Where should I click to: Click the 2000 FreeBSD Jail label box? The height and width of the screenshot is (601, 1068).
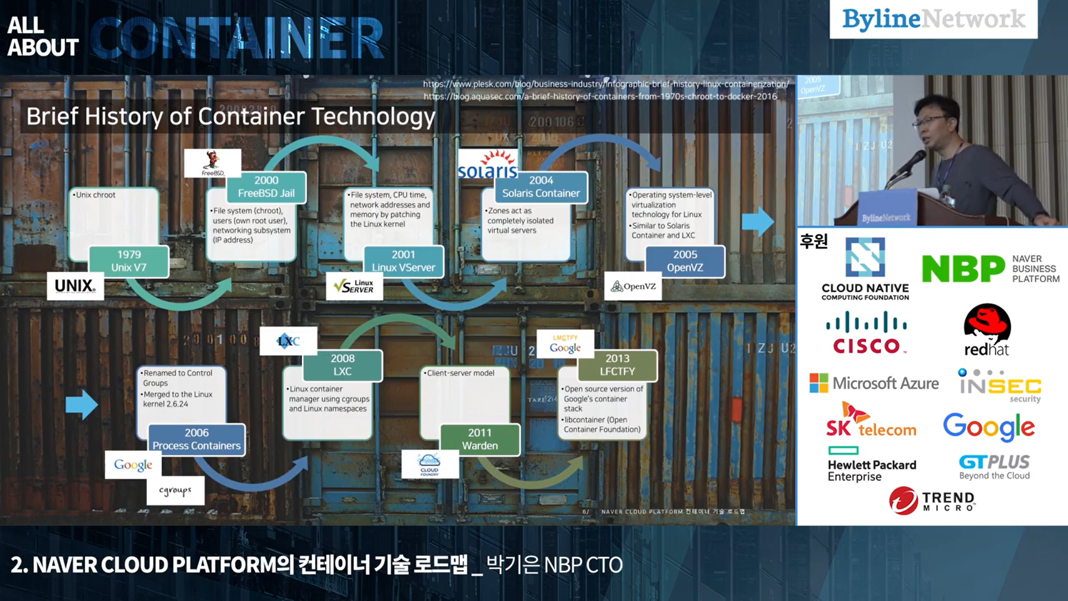click(266, 187)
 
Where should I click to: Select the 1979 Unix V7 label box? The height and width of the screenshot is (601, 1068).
click(129, 261)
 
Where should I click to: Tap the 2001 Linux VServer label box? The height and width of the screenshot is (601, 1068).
click(403, 261)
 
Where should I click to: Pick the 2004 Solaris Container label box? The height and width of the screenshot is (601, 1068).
click(541, 187)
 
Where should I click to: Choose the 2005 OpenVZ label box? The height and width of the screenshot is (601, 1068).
click(685, 261)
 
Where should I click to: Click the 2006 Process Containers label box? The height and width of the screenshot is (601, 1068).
click(196, 439)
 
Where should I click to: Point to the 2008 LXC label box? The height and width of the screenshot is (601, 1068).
click(343, 365)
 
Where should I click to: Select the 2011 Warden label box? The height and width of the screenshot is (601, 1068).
click(479, 439)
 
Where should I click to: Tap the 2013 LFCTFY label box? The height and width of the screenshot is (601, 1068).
click(617, 365)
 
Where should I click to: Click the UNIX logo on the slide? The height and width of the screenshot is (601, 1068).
click(75, 286)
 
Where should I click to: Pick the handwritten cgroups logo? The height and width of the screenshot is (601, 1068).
click(175, 491)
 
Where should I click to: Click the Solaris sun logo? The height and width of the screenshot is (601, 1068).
click(488, 165)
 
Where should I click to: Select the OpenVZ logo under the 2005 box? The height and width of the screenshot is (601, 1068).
click(633, 287)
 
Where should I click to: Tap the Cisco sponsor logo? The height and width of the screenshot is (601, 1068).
click(866, 333)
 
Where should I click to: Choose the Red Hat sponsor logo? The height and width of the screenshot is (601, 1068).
click(987, 330)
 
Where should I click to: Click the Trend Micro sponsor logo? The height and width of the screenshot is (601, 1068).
click(932, 500)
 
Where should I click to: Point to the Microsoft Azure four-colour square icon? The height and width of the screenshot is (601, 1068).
click(819, 383)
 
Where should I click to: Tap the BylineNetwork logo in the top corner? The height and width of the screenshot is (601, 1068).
click(933, 19)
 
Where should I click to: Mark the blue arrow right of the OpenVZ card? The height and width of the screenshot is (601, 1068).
click(758, 221)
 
